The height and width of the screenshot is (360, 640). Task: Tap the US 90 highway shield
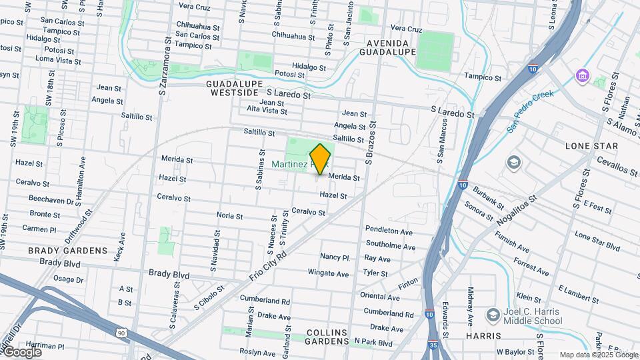[x=120, y=332]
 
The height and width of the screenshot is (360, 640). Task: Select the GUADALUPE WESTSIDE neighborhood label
[x=231, y=88]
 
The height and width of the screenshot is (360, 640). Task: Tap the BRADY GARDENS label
[x=67, y=251]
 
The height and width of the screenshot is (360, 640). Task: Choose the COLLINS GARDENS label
[x=327, y=337]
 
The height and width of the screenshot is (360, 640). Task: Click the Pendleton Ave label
[x=389, y=231]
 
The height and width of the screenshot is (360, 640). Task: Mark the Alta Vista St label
[x=267, y=109]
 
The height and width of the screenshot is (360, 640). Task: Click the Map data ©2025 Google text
[x=597, y=355]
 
